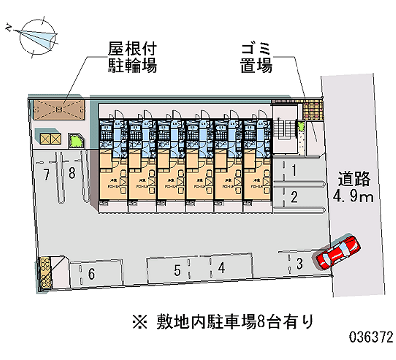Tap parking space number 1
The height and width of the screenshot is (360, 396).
point(294,171)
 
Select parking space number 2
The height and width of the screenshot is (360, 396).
point(294,198)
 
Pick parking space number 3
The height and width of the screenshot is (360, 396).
point(299,264)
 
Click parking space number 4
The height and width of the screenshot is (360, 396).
point(222,268)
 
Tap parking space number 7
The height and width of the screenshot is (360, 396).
point(46,174)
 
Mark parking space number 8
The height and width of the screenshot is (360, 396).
point(72,174)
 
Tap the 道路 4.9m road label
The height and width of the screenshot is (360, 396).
point(353,187)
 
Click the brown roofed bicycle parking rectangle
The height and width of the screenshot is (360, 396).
point(59,108)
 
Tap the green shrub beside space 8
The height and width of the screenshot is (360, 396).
point(76,141)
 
